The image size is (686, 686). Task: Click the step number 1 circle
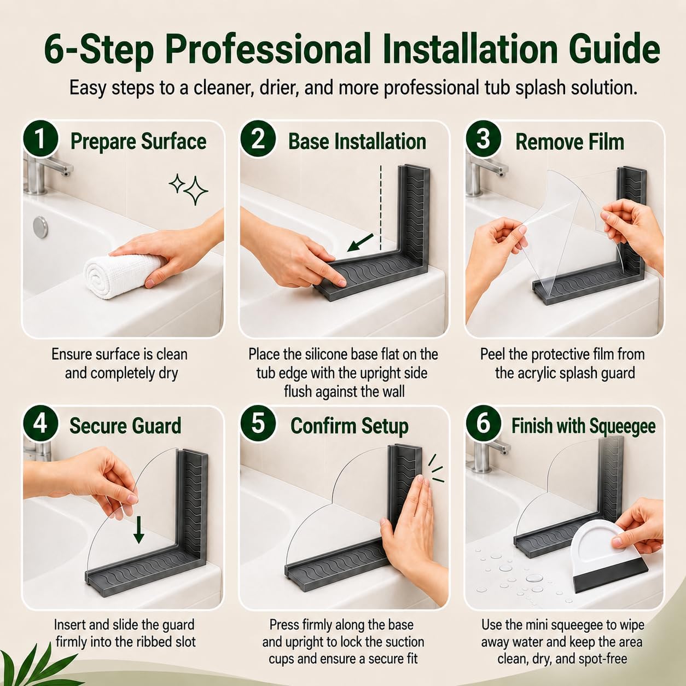[x=40, y=139]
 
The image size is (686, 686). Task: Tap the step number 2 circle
[x=258, y=139]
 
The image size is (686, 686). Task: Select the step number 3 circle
[x=483, y=138]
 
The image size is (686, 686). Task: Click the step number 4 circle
[x=40, y=423]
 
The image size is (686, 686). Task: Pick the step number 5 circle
[x=258, y=423]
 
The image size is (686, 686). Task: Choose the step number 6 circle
[x=483, y=423]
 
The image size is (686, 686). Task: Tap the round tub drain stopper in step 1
[x=40, y=227]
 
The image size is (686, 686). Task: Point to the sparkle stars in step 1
[x=189, y=189]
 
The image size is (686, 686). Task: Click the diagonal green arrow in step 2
[x=360, y=242]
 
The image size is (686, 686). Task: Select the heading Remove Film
[x=570, y=142]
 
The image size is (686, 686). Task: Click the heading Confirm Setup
[x=349, y=426]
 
